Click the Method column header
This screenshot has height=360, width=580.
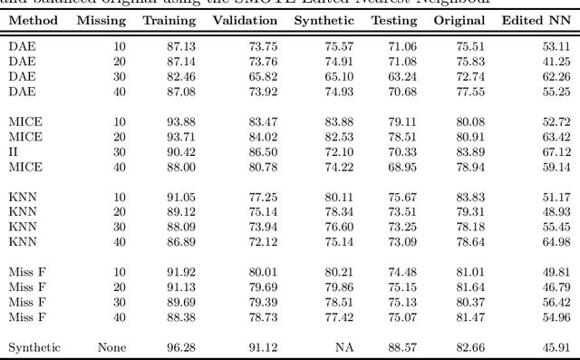tap(30, 20)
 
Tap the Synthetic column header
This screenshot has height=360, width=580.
tap(324, 20)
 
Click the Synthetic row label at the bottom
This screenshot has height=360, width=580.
tap(34, 347)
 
